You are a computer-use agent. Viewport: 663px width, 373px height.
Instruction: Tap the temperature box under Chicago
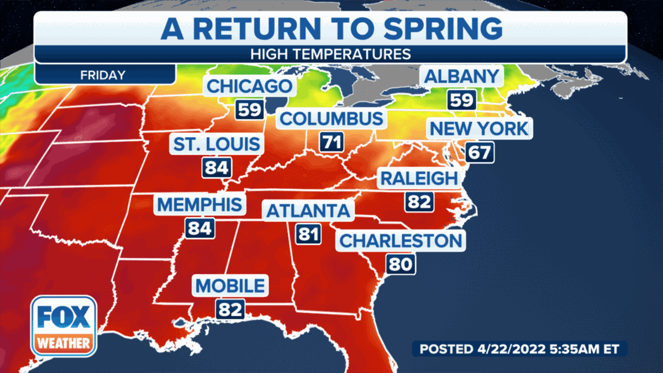pyautogui.click(x=249, y=110)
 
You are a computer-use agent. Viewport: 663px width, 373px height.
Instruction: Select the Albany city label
pyautogui.click(x=462, y=76)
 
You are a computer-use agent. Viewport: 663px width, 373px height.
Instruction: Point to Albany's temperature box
pyautogui.click(x=461, y=100)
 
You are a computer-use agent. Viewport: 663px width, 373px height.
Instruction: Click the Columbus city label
pyautogui.click(x=331, y=119)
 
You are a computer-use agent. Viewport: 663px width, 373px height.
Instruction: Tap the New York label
pyautogui.click(x=479, y=129)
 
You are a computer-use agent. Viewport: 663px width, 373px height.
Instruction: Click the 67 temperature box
pyautogui.click(x=478, y=153)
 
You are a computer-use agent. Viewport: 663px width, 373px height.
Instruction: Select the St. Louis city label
pyautogui.click(x=217, y=144)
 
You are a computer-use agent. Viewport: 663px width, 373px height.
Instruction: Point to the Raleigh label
pyautogui.click(x=419, y=178)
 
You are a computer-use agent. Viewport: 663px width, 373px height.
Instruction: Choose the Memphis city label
pyautogui.click(x=199, y=204)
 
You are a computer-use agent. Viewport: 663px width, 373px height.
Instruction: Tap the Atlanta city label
pyautogui.click(x=308, y=211)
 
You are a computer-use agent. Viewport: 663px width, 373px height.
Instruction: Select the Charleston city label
pyautogui.click(x=400, y=241)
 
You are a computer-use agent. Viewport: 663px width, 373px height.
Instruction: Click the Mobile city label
pyautogui.click(x=230, y=286)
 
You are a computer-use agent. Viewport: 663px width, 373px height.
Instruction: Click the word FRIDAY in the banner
pyautogui.click(x=103, y=75)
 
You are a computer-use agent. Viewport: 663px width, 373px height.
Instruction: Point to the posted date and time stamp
pyautogui.click(x=519, y=349)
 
